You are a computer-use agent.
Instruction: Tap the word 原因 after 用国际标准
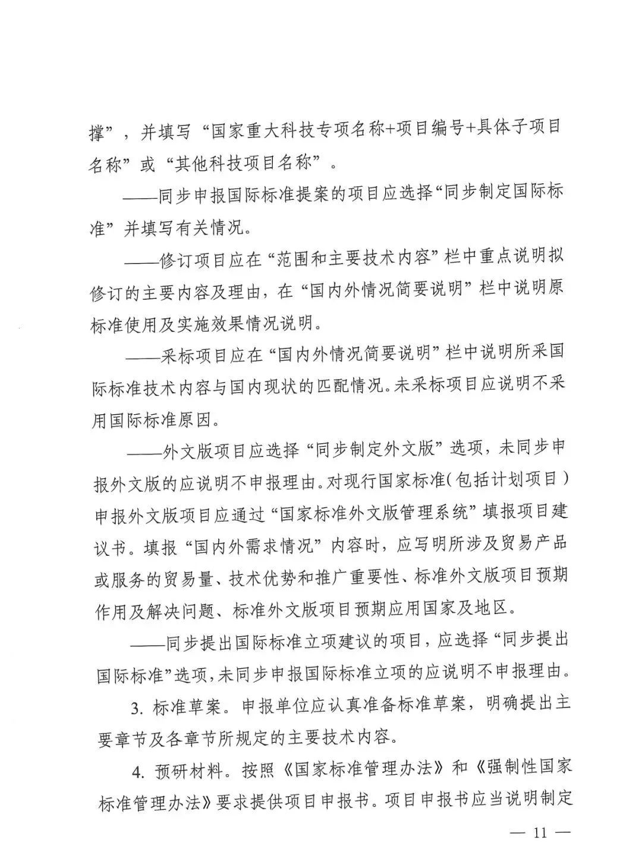197,420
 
